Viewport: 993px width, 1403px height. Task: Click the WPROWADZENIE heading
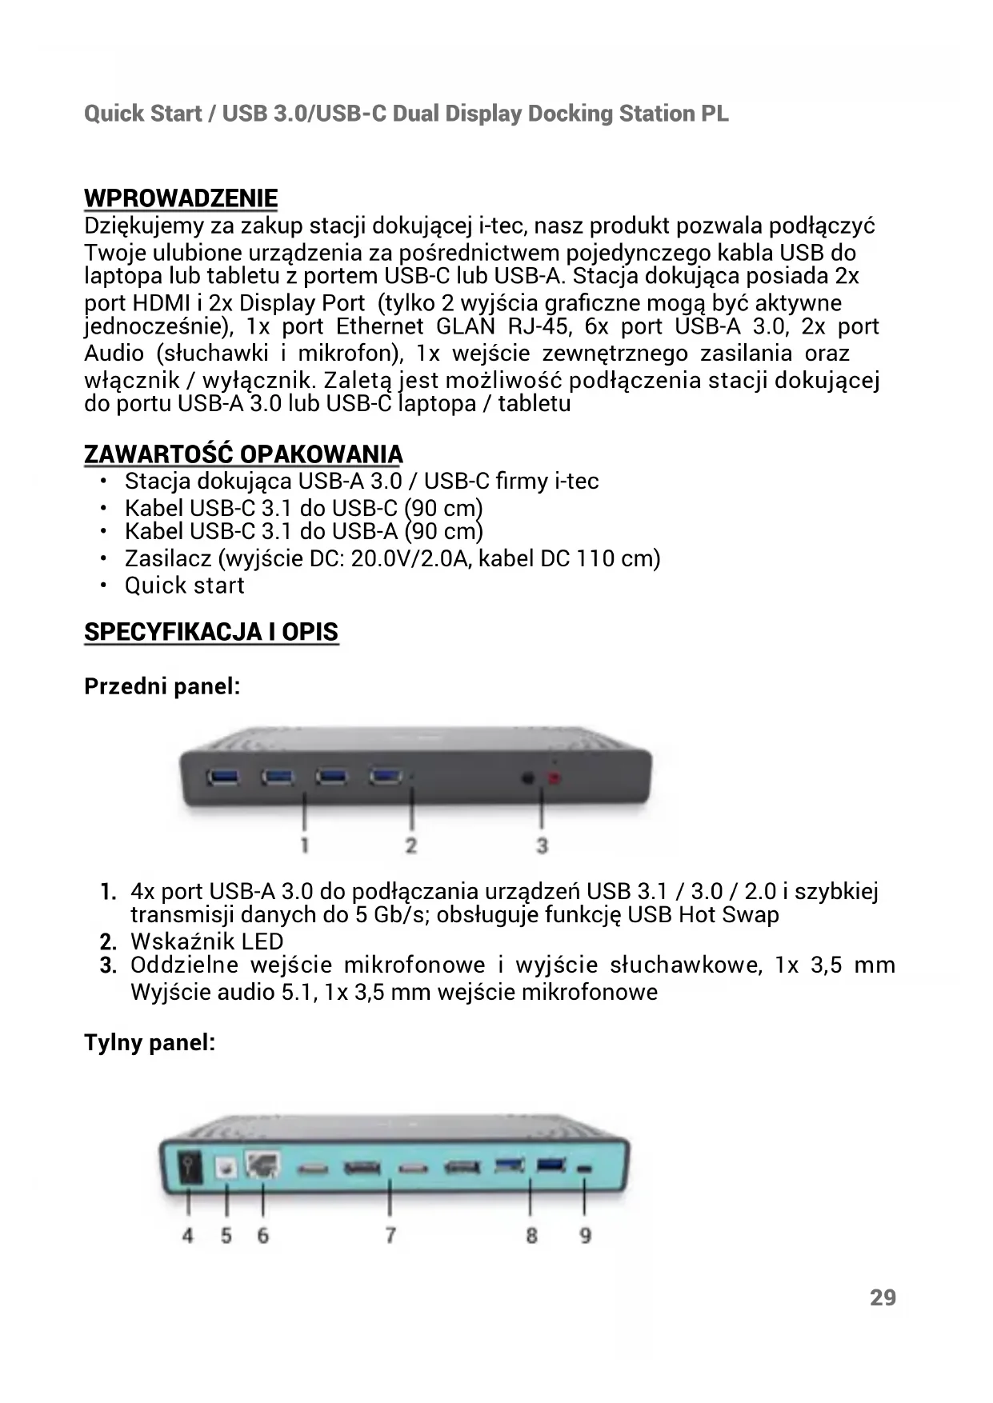click(x=181, y=198)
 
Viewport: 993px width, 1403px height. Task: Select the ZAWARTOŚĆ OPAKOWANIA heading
click(x=243, y=454)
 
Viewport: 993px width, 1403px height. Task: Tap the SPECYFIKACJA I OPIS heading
click(x=211, y=632)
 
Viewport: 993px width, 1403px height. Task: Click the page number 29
click(x=883, y=1297)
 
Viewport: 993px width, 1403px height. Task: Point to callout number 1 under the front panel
click(x=305, y=845)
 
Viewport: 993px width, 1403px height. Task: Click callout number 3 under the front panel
click(x=542, y=845)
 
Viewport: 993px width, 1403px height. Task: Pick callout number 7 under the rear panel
click(x=390, y=1236)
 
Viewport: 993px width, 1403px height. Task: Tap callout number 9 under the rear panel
click(x=585, y=1236)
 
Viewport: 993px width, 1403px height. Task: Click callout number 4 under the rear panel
click(x=187, y=1236)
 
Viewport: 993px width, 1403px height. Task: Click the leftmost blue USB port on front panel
click(x=222, y=776)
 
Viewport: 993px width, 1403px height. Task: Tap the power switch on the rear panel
click(x=190, y=1168)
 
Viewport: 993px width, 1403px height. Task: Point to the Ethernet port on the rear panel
click(x=262, y=1167)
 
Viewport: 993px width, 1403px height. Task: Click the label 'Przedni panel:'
click(x=162, y=686)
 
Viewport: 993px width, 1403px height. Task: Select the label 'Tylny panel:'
click(x=150, y=1043)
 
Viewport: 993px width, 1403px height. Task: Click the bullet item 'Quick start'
click(x=184, y=586)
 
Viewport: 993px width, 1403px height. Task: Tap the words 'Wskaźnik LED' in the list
click(x=206, y=941)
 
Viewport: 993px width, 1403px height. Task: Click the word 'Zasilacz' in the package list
click(x=167, y=558)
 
